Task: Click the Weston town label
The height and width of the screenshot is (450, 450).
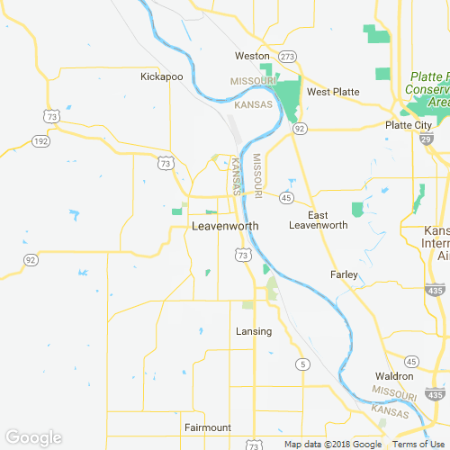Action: (252, 56)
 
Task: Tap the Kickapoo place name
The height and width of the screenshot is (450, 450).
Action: (162, 76)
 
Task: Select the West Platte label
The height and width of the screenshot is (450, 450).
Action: (333, 92)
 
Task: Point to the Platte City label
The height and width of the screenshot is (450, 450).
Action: (409, 125)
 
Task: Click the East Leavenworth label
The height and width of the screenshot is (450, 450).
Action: (317, 220)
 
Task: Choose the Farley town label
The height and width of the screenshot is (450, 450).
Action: (344, 274)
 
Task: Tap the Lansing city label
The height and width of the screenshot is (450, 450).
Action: (254, 331)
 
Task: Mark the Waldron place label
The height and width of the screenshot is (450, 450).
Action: (395, 375)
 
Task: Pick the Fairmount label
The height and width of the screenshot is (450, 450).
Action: (208, 427)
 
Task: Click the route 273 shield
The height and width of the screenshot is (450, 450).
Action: (287, 56)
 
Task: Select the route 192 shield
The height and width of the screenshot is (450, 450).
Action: (40, 140)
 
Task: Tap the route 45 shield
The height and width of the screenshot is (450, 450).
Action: (286, 197)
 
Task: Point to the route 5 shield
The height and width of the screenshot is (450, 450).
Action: (303, 364)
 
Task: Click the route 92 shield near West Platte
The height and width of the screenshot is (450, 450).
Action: (299, 129)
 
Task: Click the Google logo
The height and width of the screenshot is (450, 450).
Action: (33, 437)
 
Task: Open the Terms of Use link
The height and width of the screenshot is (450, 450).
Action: (417, 445)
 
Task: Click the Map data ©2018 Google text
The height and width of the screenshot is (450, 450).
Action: (333, 445)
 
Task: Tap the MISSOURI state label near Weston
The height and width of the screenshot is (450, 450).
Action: (253, 81)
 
